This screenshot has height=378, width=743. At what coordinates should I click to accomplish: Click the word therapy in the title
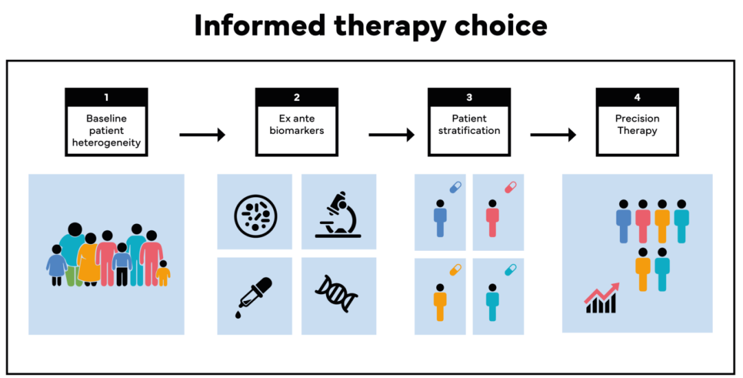pyautogui.click(x=389, y=25)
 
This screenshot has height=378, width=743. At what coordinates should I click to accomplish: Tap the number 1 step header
pyautogui.click(x=106, y=97)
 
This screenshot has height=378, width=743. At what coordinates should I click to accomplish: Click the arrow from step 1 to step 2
pyautogui.click(x=202, y=135)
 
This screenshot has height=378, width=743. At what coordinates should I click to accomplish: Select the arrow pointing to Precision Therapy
pyautogui.click(x=553, y=135)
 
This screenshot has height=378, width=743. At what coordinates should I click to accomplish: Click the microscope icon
pyautogui.click(x=338, y=214)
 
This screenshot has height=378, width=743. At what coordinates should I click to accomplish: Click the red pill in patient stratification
pyautogui.click(x=510, y=187)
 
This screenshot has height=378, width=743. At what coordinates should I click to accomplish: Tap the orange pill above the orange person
pyautogui.click(x=455, y=270)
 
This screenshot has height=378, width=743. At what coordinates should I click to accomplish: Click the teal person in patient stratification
pyautogui.click(x=492, y=302)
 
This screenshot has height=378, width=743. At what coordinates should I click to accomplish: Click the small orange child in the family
pyautogui.click(x=163, y=273)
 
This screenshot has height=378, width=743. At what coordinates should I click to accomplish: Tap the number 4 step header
pyautogui.click(x=637, y=97)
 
